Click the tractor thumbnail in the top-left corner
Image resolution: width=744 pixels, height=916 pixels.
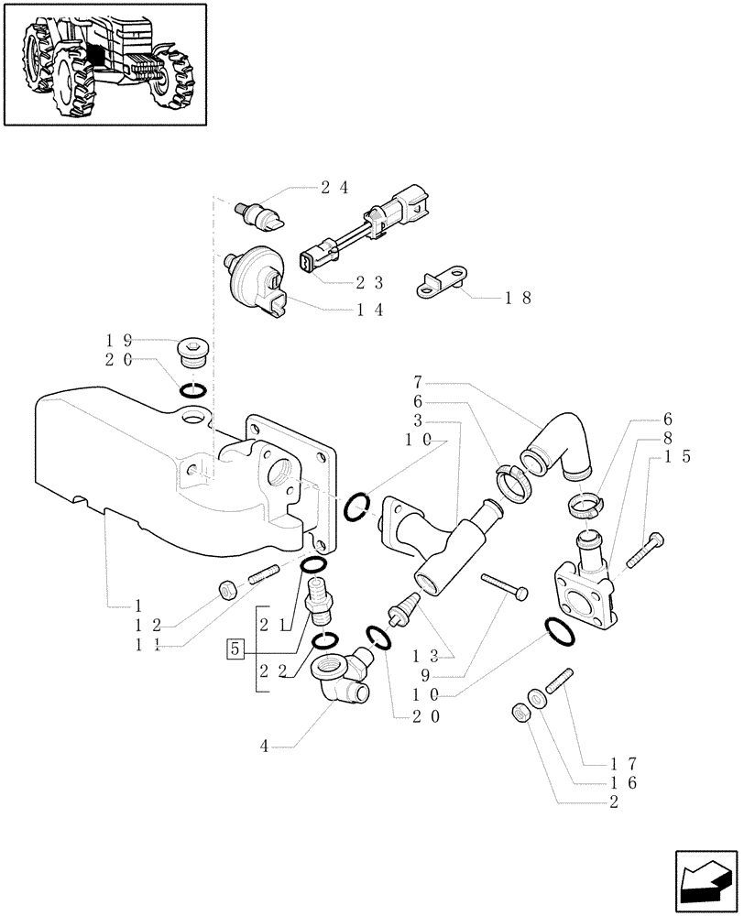(x=104, y=63)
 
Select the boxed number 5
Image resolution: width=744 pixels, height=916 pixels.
(x=235, y=649)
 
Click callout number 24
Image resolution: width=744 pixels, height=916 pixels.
(x=334, y=188)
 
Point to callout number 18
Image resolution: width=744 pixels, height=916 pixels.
(x=517, y=298)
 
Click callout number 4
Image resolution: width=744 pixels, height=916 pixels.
(x=265, y=747)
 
